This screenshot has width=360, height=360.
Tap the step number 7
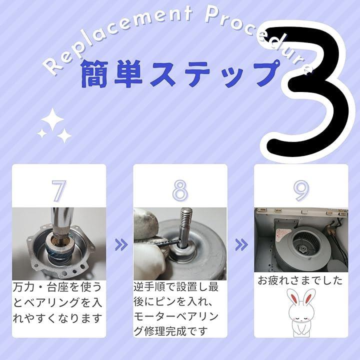(59, 190)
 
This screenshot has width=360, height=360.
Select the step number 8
(180, 190)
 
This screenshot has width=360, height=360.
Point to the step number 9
(301, 190)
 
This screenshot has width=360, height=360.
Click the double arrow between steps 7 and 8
(121, 244)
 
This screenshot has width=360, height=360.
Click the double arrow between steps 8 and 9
(241, 244)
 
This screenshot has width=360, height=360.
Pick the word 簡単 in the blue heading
(112, 74)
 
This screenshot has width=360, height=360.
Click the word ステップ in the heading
(214, 73)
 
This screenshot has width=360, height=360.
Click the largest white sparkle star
(52, 119)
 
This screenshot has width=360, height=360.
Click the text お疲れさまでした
(300, 280)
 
